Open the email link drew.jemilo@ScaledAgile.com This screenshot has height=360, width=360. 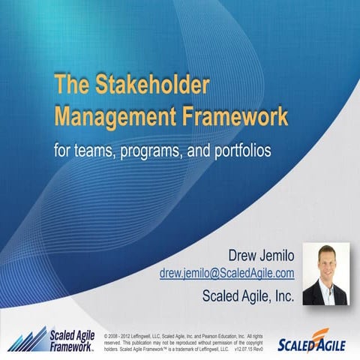pos(226,274)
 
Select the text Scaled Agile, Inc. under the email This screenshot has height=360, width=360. pos(248,295)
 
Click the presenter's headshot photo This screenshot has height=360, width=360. pos(327,274)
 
